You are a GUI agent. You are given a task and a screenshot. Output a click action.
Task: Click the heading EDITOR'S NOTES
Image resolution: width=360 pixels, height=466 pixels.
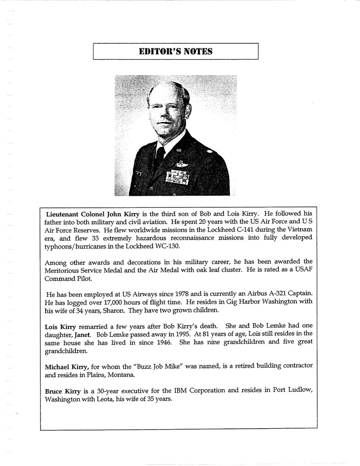pyautogui.click(x=176, y=51)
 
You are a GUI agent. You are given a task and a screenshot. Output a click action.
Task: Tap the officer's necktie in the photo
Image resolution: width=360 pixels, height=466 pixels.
pyautogui.click(x=160, y=158)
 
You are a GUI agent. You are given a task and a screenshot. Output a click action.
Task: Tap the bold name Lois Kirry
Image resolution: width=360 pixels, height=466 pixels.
pyautogui.click(x=61, y=326)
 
